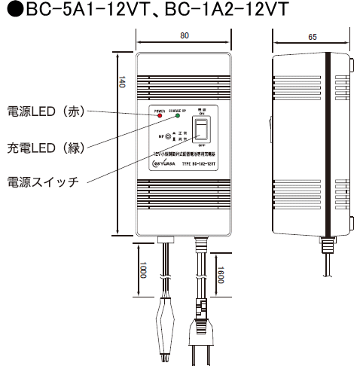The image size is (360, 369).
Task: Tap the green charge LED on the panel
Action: click(178, 116)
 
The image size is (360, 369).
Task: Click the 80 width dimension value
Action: click(184, 35)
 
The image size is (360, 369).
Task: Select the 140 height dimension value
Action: click(121, 84)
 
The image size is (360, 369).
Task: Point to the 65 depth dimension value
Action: click(312, 35)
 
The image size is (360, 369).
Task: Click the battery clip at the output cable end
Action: click(166, 328)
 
